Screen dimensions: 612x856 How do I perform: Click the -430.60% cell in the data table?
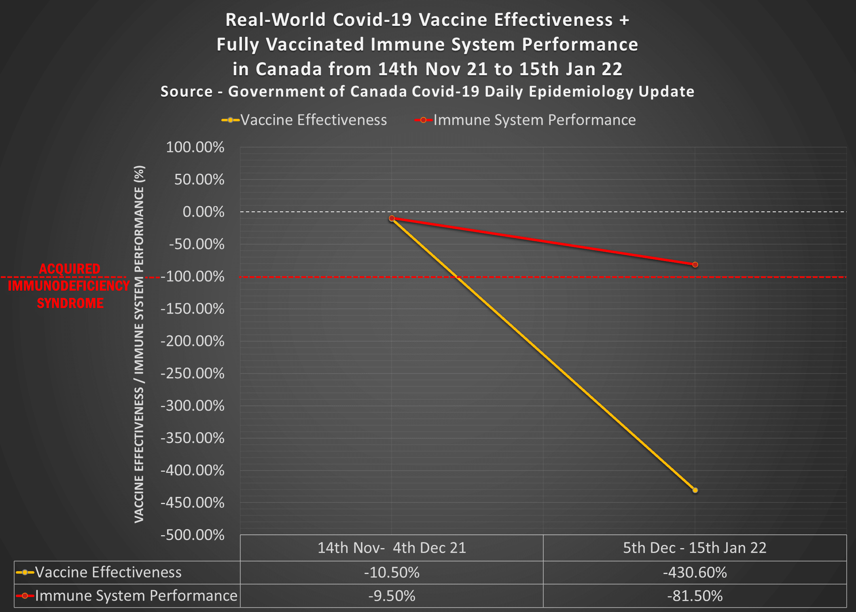695,572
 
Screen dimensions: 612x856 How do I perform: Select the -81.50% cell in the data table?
695,596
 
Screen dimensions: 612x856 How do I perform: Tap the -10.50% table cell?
392,572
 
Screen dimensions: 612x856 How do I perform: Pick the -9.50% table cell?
392,596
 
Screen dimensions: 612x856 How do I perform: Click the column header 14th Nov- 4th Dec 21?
392,548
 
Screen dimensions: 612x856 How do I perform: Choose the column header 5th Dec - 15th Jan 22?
695,548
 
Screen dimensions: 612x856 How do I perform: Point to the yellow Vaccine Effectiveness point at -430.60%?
695,490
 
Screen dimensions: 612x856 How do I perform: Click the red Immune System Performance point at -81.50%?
695,265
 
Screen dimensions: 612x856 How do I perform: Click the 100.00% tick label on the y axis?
195,147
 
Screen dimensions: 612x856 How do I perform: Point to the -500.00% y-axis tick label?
193,535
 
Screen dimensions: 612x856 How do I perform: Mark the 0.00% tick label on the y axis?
203,212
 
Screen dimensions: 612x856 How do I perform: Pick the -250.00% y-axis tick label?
193,373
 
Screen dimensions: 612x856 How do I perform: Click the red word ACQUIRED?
70,269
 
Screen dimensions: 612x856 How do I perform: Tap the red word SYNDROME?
70,303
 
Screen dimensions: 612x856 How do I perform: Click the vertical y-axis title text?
139,344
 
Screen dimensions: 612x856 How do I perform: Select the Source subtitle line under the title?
427,92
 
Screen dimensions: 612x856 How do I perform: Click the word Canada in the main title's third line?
288,69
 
